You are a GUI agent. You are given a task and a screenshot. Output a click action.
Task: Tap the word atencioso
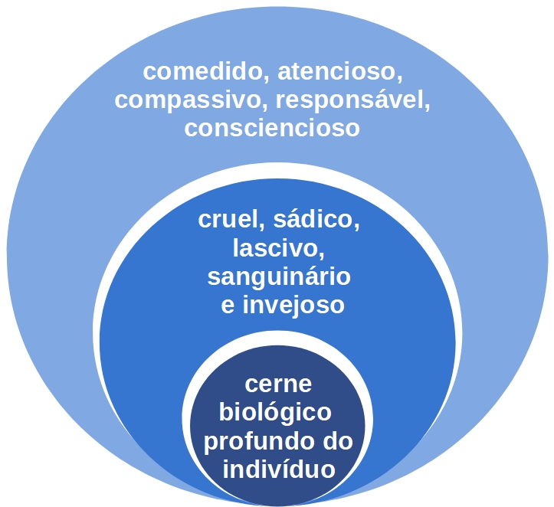[337, 72]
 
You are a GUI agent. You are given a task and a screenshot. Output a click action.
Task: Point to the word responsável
[349, 100]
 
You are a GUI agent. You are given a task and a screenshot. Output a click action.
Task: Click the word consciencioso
[272, 128]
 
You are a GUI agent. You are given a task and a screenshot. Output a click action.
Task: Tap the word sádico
[313, 219]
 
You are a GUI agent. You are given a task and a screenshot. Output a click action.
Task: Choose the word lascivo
[276, 248]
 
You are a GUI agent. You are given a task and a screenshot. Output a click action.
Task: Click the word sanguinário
[279, 277]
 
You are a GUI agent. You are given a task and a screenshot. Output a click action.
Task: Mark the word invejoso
[293, 306]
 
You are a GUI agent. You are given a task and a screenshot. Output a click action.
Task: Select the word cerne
[278, 384]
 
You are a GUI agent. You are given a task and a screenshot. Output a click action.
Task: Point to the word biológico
[275, 412]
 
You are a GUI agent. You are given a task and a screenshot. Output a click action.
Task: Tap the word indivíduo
[279, 469]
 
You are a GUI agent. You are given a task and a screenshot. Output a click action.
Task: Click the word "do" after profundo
[339, 441]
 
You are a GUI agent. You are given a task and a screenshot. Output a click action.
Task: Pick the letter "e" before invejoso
[228, 306]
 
